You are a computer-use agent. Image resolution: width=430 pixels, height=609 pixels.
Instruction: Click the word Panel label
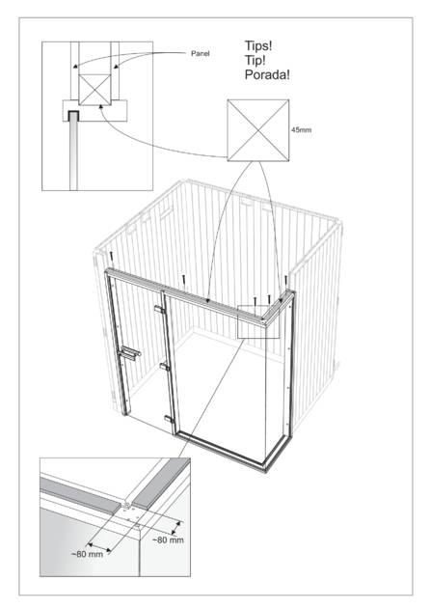pos(200,54)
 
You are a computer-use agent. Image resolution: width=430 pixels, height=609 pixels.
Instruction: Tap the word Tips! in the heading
pos(258,45)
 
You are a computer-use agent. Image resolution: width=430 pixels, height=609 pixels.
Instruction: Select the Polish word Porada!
pos(267,74)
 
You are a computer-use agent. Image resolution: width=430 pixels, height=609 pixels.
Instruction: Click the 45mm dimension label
pos(301,130)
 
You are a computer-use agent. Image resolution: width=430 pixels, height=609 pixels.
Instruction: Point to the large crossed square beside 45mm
pos(258,130)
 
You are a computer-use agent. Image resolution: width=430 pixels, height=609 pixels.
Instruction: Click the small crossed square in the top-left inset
pos(94,90)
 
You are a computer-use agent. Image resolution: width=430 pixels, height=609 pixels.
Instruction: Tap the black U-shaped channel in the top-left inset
pos(73,115)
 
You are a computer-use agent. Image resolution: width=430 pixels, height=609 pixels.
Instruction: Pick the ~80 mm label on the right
pos(168,540)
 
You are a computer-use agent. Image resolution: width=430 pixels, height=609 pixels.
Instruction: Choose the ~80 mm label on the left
pos(88,554)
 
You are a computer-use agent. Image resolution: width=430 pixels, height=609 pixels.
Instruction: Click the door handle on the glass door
pos(129,353)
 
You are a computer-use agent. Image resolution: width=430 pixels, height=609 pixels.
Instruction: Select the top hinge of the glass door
pos(159,310)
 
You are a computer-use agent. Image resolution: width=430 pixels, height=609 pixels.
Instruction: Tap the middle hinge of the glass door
pos(165,366)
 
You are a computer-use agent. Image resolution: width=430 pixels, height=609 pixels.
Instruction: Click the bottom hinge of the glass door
pos(169,419)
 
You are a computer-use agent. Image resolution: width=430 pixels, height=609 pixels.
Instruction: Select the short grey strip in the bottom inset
pos(161,484)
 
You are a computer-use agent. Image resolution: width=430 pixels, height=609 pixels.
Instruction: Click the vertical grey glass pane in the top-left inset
pos(73,155)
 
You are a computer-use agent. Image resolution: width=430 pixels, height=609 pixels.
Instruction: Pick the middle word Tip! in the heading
pos(255,60)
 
